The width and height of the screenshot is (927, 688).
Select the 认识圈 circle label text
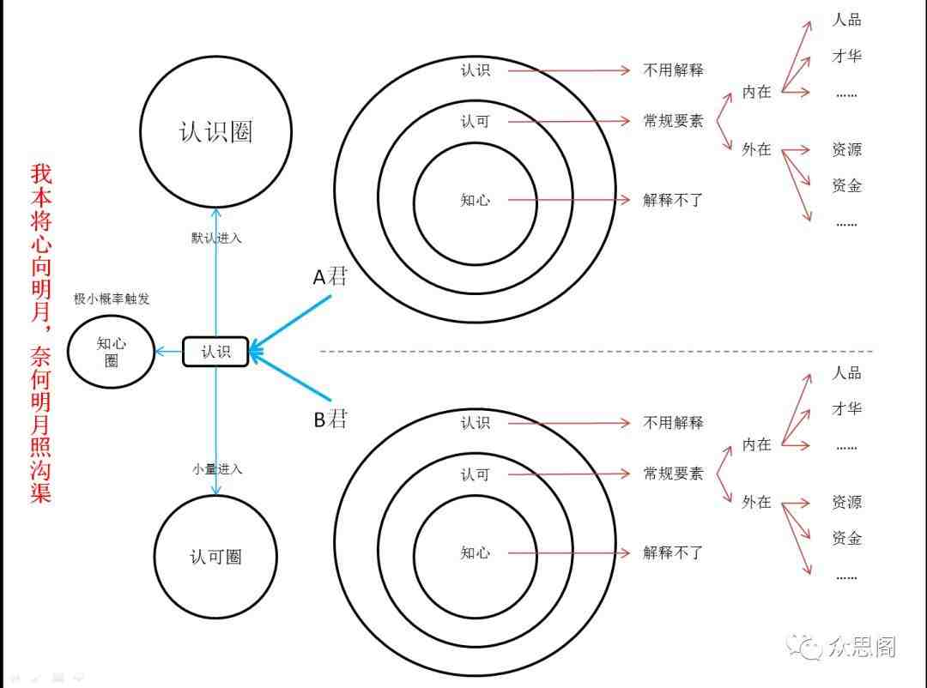click(215, 131)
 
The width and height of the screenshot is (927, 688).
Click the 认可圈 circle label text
click(215, 557)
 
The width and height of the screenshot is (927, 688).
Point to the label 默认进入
click(216, 238)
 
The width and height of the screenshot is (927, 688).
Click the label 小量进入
click(217, 469)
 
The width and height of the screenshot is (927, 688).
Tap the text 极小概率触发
click(112, 299)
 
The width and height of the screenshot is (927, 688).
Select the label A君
click(330, 276)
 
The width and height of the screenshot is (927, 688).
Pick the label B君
click(330, 419)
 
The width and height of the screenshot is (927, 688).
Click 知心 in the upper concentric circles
click(476, 200)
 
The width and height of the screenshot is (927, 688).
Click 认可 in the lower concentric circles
click(476, 474)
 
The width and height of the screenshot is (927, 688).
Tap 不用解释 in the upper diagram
click(674, 70)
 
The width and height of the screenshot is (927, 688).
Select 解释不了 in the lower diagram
click(674, 552)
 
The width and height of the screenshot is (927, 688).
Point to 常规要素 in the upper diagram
click(674, 121)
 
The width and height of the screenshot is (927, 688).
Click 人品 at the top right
click(846, 20)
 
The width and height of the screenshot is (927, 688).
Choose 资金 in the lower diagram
click(846, 538)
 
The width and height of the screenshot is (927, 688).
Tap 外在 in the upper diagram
click(757, 149)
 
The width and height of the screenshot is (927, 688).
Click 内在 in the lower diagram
click(757, 444)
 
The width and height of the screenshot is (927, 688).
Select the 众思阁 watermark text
click(862, 647)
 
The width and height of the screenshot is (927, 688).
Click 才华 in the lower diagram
click(846, 408)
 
